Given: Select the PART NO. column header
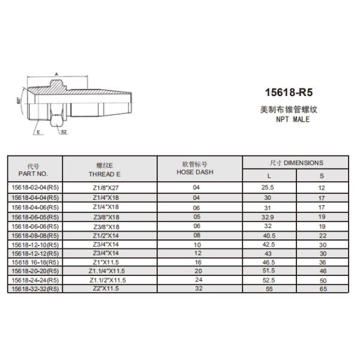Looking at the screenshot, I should (x=34, y=173).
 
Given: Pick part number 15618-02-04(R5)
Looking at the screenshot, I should (x=34, y=188).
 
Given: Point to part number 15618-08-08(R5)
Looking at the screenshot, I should (x=34, y=236).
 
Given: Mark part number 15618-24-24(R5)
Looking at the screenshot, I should (x=34, y=280).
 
